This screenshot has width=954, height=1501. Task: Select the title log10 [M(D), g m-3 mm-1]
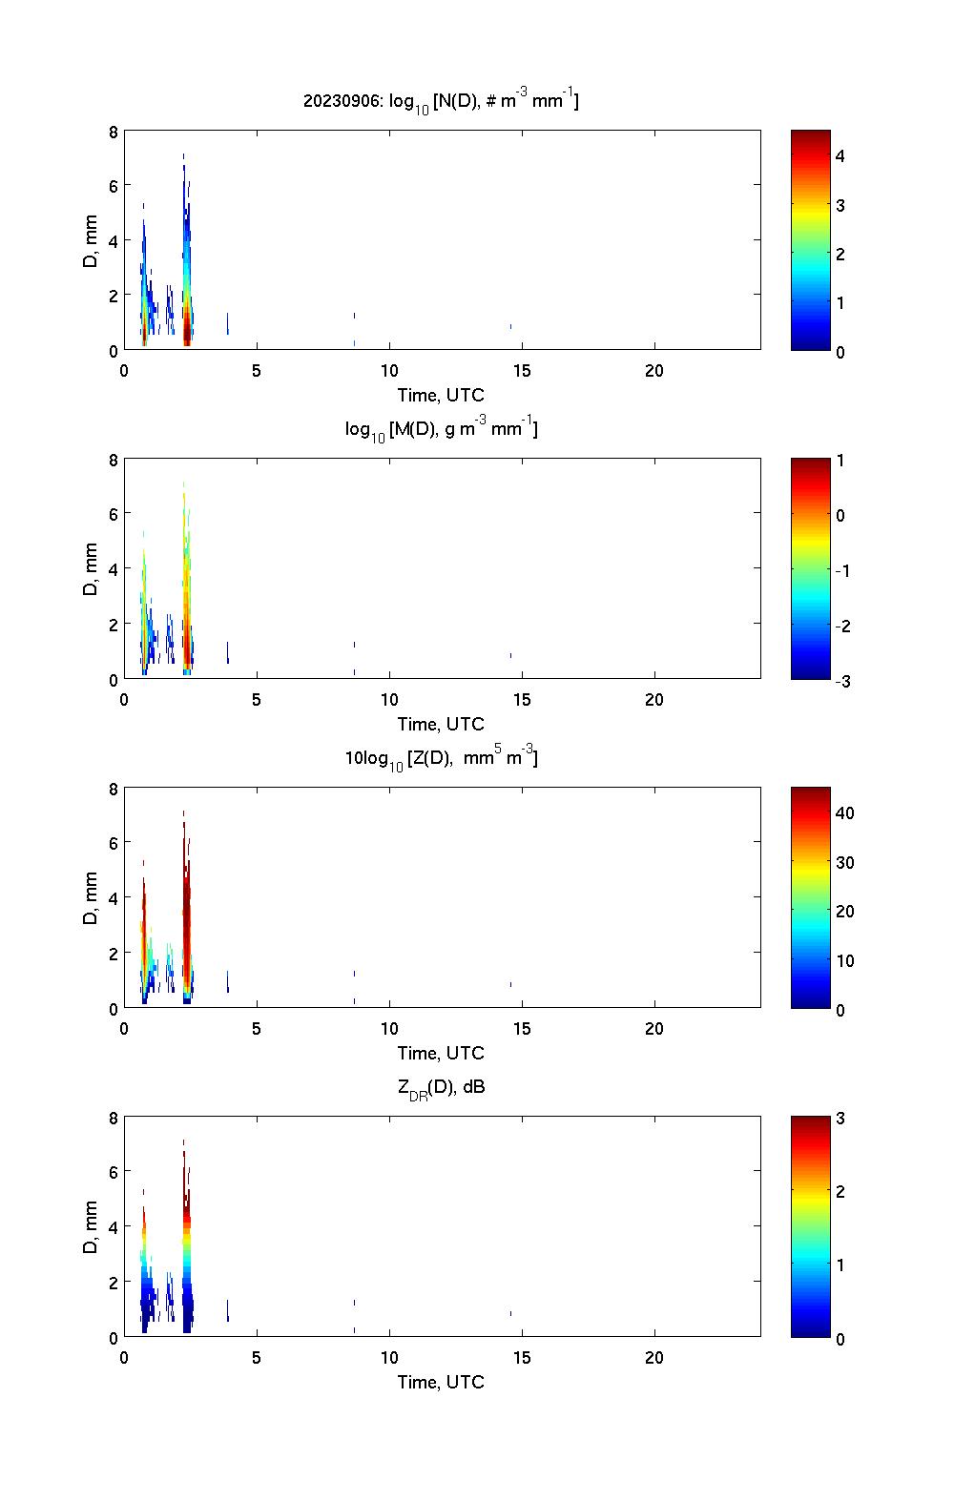click(x=441, y=430)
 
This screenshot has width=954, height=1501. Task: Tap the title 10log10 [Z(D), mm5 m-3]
click(x=441, y=759)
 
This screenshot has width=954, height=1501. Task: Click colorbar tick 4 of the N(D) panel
click(x=840, y=155)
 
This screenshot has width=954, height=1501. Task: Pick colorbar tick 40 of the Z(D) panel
click(x=844, y=812)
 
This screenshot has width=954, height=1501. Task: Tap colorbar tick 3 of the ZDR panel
click(x=840, y=1119)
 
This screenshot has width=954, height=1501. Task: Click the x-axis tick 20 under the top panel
click(x=653, y=371)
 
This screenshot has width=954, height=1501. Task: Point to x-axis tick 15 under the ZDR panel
click(x=522, y=1358)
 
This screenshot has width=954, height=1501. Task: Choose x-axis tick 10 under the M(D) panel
click(x=389, y=700)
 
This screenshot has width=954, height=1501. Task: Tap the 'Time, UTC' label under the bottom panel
click(x=441, y=1382)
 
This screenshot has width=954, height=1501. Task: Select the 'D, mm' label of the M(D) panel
click(x=91, y=569)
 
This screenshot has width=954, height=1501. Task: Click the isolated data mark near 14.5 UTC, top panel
click(x=510, y=327)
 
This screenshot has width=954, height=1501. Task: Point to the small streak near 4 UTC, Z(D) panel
click(x=227, y=981)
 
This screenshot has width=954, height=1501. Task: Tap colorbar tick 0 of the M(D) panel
click(x=840, y=515)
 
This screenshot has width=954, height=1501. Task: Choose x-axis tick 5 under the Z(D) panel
click(x=257, y=1029)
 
